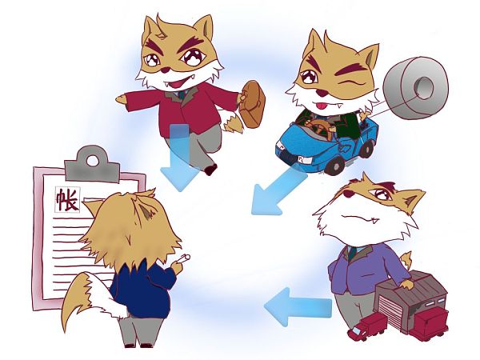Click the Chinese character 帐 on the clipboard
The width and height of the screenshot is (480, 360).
click(x=67, y=199)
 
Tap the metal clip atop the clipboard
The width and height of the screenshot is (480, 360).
click(x=92, y=166)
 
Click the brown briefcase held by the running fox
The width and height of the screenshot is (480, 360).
click(x=252, y=104)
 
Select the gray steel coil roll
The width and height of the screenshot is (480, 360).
click(x=416, y=88)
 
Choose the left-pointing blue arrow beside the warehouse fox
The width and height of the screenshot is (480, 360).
click(x=298, y=306)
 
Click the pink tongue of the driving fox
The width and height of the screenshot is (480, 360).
click(x=321, y=106)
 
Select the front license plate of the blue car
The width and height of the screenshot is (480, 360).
click(x=302, y=159)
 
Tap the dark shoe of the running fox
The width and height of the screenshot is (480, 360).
click(x=210, y=170)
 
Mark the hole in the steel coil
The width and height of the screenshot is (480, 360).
click(x=424, y=87)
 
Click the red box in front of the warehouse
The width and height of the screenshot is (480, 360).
click(x=429, y=325)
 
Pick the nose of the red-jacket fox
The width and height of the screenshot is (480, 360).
click(x=166, y=70)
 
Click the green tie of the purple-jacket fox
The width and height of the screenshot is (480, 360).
click(x=352, y=253)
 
